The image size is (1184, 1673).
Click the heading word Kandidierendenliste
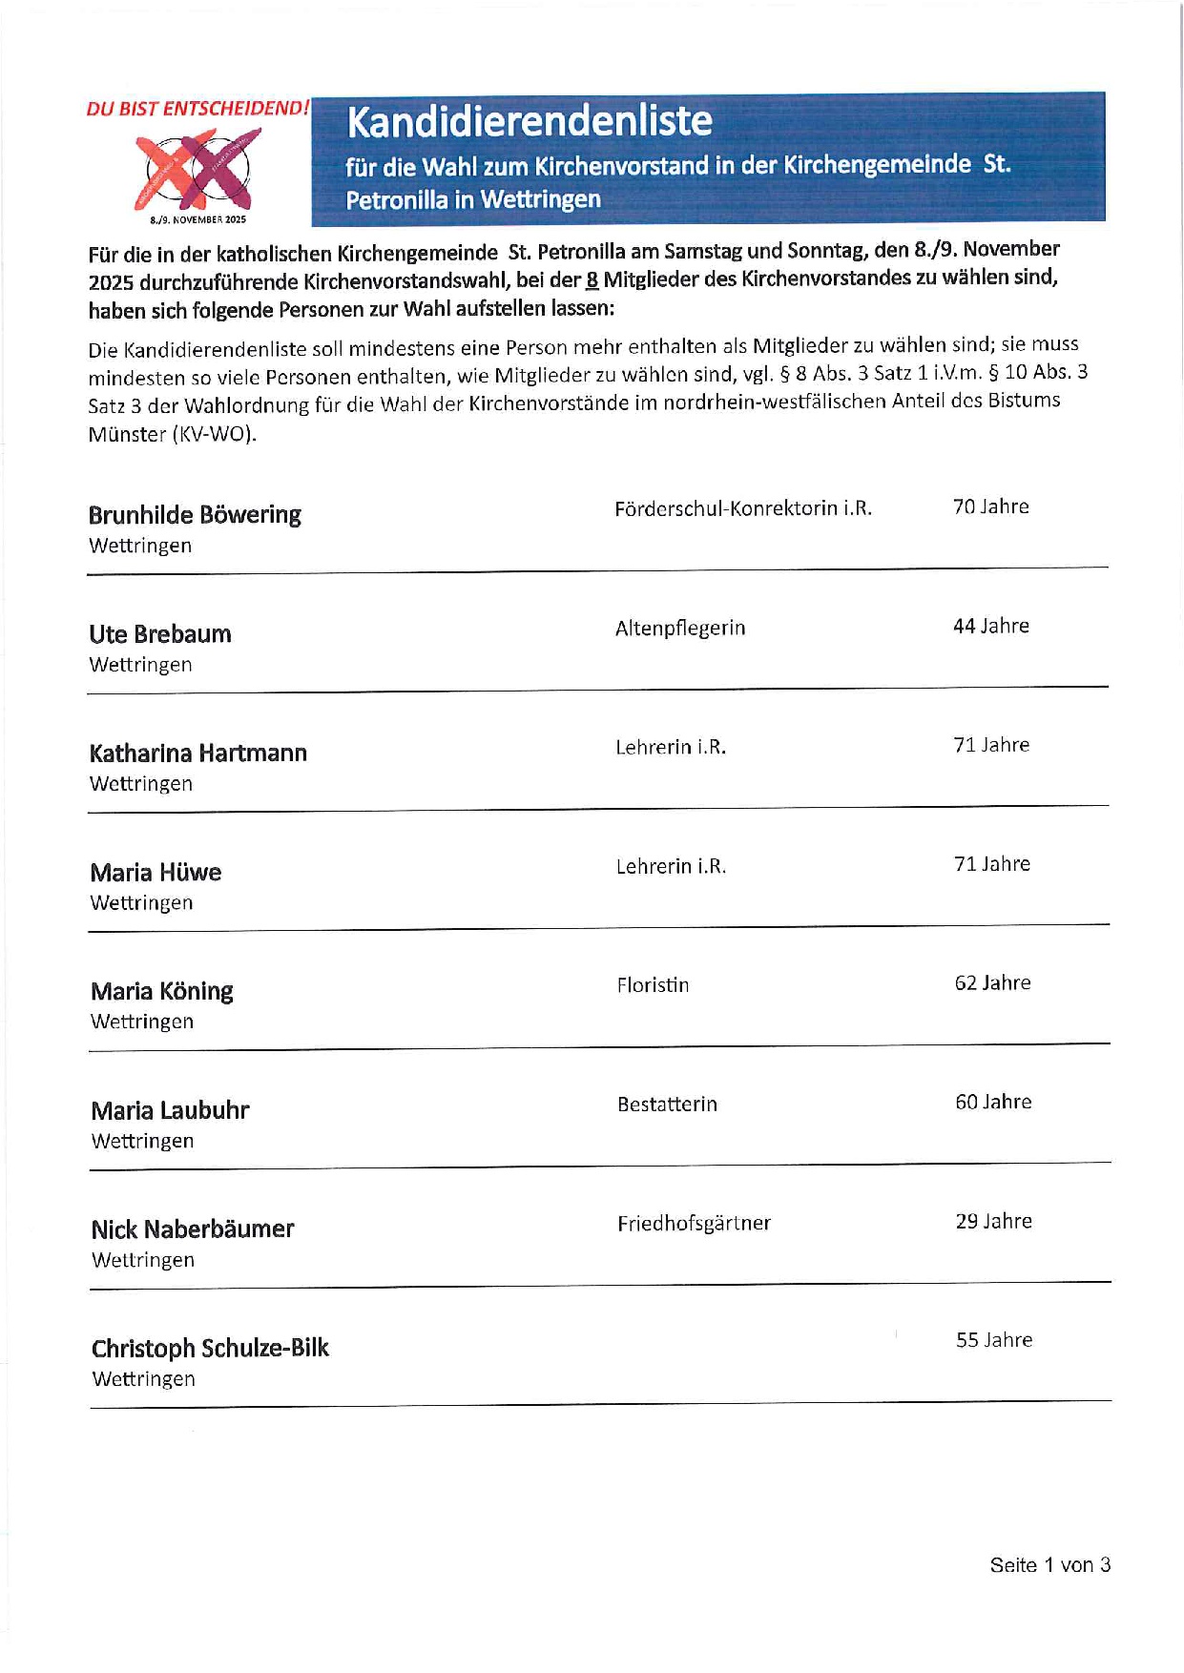(530, 122)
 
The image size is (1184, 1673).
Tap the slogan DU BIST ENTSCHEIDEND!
(197, 109)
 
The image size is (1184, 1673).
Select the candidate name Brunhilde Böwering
(195, 515)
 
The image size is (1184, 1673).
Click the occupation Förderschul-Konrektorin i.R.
(743, 508)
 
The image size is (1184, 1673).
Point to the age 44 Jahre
(991, 627)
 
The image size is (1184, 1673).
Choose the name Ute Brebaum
(160, 634)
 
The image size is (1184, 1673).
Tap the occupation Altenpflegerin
(680, 628)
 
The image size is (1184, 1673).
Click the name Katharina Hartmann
(198, 754)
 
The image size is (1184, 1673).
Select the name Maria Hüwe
(156, 873)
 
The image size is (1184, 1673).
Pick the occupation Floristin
(653, 985)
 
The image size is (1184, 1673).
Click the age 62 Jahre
(993, 983)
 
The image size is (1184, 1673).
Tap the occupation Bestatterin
(667, 1105)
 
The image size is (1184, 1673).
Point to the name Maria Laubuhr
(171, 1111)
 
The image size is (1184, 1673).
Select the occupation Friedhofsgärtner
(694, 1224)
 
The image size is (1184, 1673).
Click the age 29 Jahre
(994, 1222)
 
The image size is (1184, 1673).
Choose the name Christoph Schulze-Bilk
(210, 1349)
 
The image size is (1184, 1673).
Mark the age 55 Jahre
(994, 1340)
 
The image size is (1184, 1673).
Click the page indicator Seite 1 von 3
(1049, 1565)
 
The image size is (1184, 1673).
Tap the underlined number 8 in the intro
(592, 279)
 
